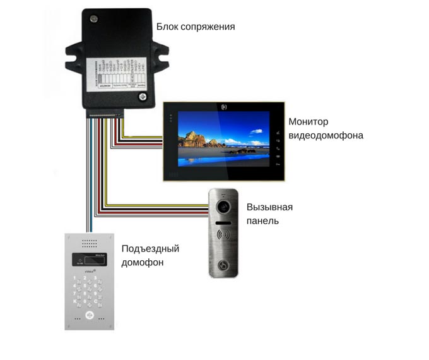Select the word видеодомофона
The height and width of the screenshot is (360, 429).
[326, 135]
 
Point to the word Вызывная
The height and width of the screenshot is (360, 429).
[270, 207]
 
